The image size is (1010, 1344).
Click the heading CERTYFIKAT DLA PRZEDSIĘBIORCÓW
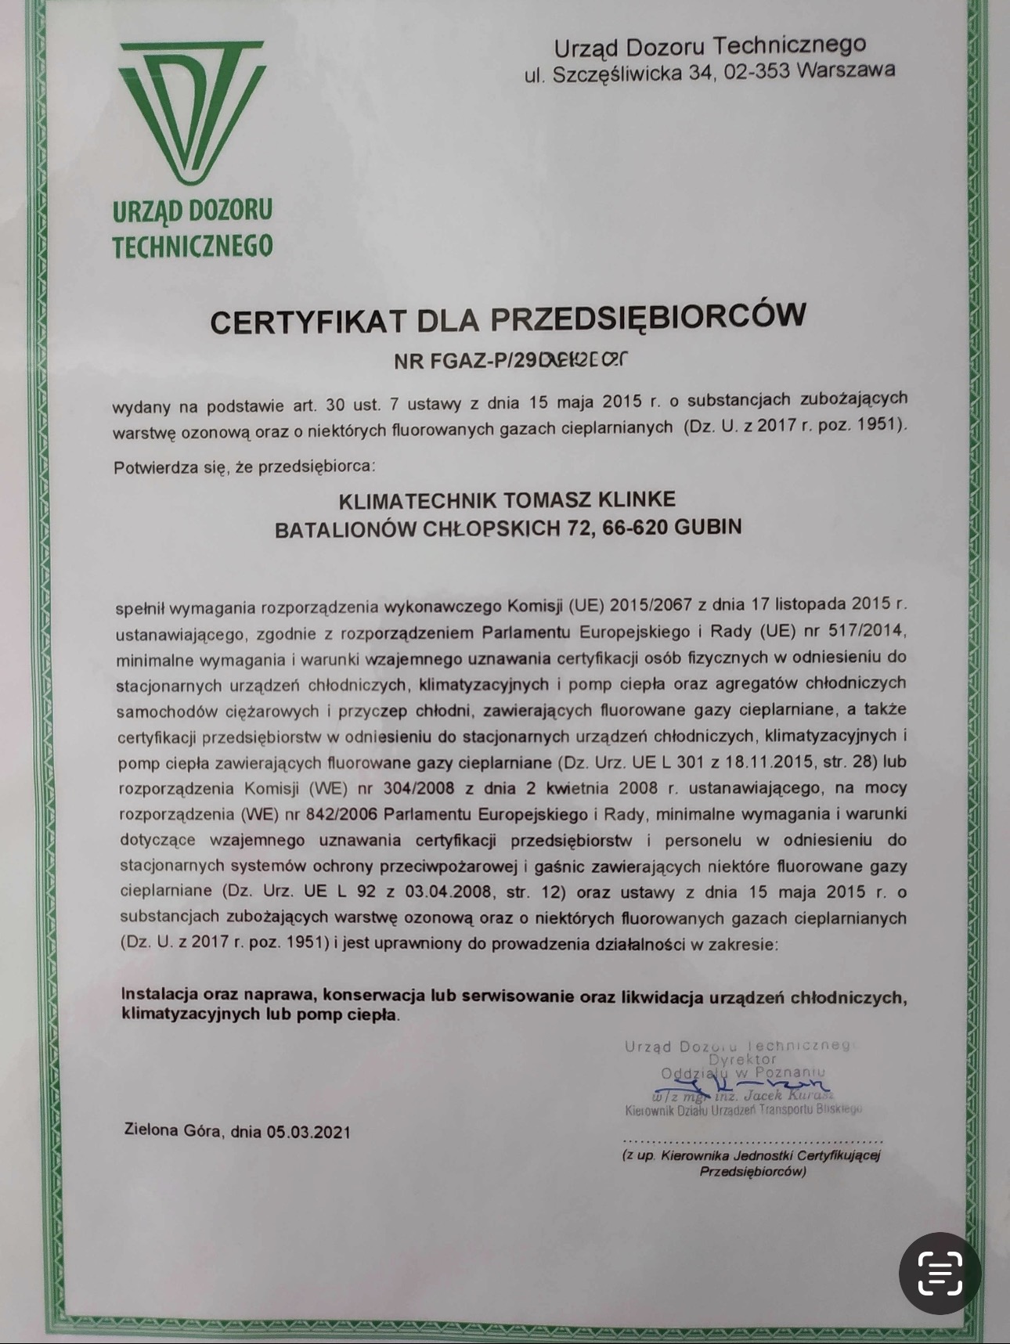pos(507,319)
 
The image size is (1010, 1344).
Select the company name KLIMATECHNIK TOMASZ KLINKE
pos(507,499)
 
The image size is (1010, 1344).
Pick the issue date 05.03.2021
pos(308,1132)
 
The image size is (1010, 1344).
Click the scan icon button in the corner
pos(940,1273)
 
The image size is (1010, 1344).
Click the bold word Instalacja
pos(161,995)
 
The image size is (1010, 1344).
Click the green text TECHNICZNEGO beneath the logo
pos(192,247)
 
